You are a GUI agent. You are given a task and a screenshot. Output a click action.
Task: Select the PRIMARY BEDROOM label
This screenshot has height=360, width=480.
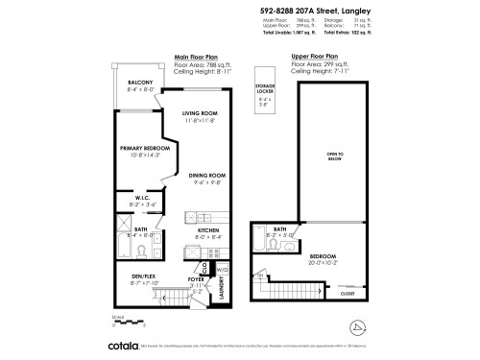[145, 148]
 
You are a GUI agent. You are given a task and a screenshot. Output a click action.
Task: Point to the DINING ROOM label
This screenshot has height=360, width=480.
[206, 176]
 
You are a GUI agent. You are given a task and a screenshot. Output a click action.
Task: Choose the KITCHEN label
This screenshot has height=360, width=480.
[210, 231]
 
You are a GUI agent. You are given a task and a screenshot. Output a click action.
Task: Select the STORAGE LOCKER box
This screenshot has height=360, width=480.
[264, 91]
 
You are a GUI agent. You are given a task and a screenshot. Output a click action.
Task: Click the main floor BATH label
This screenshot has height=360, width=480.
[140, 229]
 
